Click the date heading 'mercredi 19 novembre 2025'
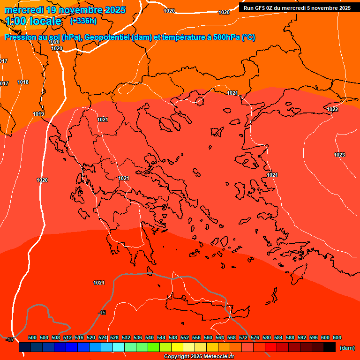(65, 10)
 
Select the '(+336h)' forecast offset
(83, 21)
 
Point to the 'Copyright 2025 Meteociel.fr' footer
(199, 356)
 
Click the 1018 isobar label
(23, 82)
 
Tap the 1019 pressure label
(38, 114)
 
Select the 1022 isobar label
(332, 109)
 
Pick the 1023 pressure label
(339, 155)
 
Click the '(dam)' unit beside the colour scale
(346, 348)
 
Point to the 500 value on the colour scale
(32, 337)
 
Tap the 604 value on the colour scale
(337, 337)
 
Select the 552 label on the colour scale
(185, 337)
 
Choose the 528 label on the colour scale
(114, 337)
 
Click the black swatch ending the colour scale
(329, 347)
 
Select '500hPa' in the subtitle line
(227, 37)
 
